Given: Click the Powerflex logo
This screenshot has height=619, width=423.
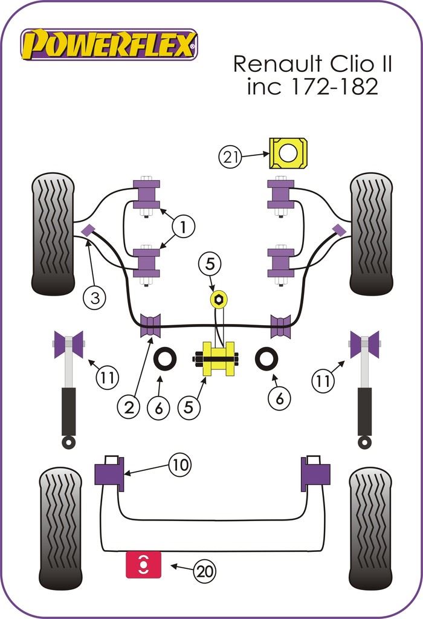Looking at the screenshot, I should click(109, 45).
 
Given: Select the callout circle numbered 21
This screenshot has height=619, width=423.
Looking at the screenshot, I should click(230, 158).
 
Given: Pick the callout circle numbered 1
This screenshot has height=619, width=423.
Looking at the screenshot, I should click(184, 227).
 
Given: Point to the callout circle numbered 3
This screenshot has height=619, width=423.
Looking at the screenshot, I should click(95, 297).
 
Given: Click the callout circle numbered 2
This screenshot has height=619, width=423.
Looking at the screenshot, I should click(131, 408).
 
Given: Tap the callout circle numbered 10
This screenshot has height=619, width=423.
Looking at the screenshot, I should click(179, 465).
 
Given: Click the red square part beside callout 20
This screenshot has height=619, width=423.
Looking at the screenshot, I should click(143, 564).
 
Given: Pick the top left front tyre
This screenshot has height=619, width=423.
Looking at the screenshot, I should click(53, 233).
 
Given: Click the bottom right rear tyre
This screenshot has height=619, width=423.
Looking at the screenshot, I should click(370, 528).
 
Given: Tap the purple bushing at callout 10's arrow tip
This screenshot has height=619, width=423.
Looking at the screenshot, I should click(109, 475).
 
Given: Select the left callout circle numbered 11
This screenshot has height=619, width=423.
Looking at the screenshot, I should click(106, 379).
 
